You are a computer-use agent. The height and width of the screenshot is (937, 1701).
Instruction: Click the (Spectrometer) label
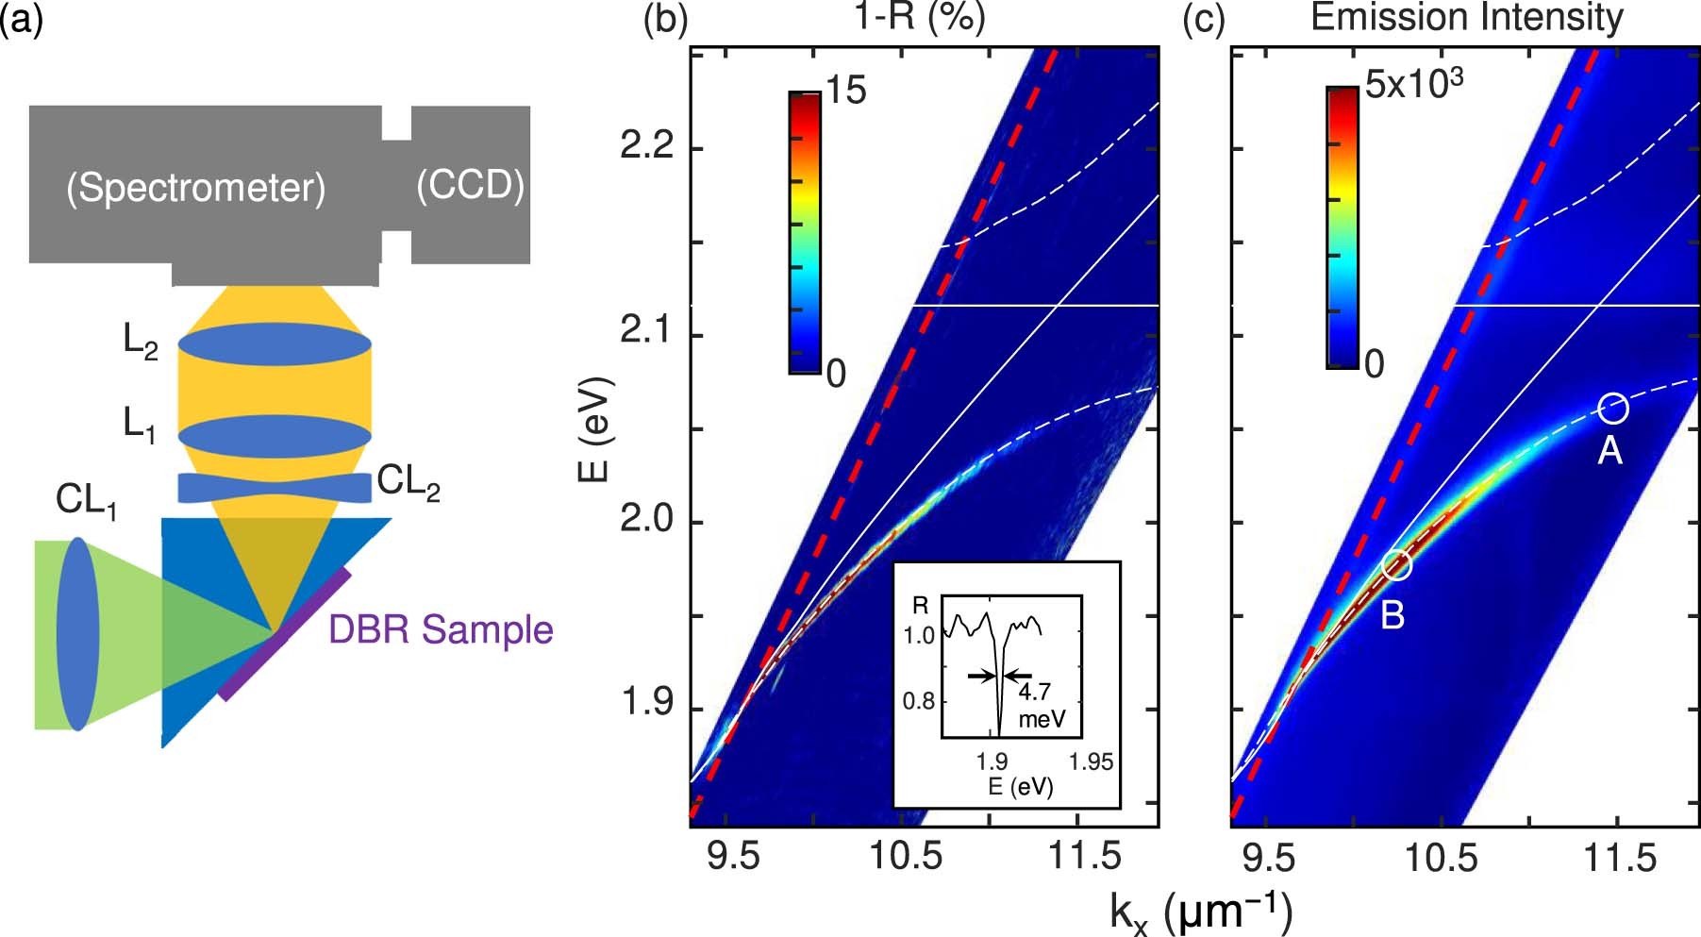195,188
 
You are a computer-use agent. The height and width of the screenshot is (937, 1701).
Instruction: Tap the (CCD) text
470,185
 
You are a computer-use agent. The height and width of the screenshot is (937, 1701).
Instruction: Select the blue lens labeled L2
275,344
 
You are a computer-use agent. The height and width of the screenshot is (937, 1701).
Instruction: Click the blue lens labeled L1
275,436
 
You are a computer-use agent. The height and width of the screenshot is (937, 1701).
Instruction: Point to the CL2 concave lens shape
275,488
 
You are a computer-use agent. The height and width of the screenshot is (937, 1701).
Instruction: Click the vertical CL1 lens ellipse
77,633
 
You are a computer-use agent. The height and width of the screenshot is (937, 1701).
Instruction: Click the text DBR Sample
441,629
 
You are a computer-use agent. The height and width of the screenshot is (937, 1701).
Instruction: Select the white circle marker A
1612,408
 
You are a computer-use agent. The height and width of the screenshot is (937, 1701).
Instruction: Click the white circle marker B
1397,565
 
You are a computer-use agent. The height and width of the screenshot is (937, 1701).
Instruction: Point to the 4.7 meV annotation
1039,704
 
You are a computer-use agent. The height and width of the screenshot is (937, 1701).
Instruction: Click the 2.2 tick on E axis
651,148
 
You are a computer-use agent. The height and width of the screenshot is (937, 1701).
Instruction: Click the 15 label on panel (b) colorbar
845,91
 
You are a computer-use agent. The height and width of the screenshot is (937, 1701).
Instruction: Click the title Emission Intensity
1467,17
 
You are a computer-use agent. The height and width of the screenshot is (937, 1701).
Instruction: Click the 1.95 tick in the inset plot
1091,761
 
